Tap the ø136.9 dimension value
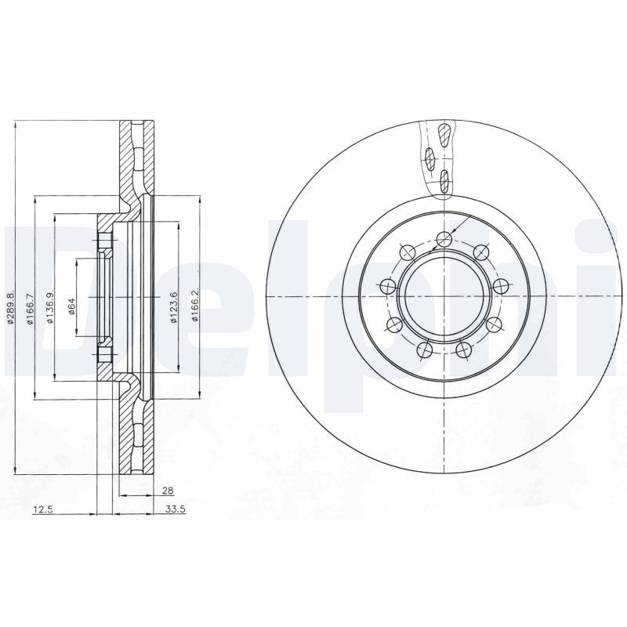pyautogui.click(x=49, y=306)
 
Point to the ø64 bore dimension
pyautogui.click(x=71, y=306)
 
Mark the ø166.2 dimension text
pyautogui.click(x=194, y=306)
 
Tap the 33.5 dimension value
pyautogui.click(x=175, y=509)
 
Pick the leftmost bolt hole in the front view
pyautogui.click(x=386, y=288)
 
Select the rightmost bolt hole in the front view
pyautogui.click(x=499, y=286)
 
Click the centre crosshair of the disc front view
pyautogui.click(x=443, y=295)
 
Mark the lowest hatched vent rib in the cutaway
pyautogui.click(x=445, y=182)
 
